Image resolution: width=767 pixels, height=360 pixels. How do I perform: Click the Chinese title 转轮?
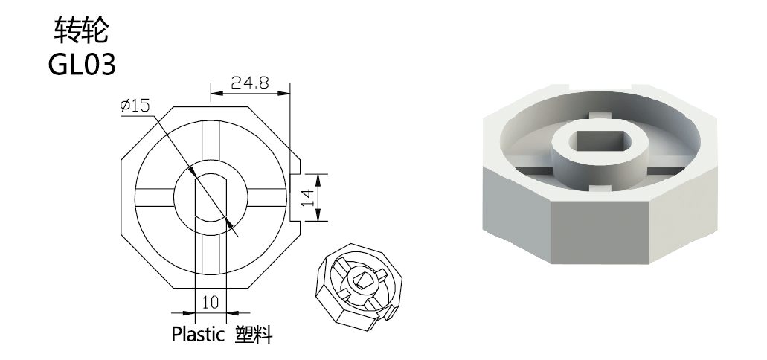pyautogui.click(x=81, y=30)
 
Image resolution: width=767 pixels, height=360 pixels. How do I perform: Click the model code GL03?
pyautogui.click(x=82, y=64)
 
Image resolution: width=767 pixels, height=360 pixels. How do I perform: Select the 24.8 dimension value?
pyautogui.click(x=250, y=83)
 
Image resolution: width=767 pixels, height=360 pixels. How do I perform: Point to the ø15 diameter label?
pyautogui.click(x=135, y=105)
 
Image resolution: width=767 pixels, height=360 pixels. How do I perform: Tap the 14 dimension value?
pyautogui.click(x=307, y=197)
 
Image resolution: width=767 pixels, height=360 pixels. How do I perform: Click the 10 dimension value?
pyautogui.click(x=211, y=302)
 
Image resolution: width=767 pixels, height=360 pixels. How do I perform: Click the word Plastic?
pyautogui.click(x=198, y=334)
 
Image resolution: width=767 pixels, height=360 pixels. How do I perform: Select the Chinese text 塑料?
pyautogui.click(x=254, y=334)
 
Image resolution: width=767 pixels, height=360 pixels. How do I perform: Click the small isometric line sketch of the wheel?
pyautogui.click(x=359, y=287)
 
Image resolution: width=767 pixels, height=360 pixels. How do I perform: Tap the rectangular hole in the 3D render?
pyautogui.click(x=600, y=141)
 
